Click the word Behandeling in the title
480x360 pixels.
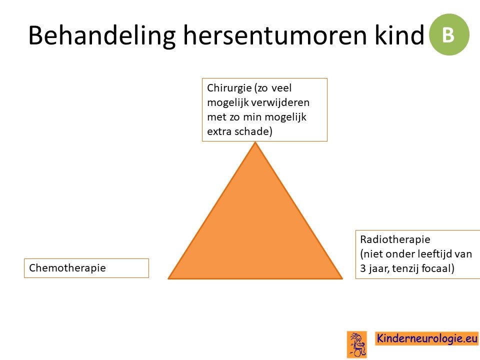click(102, 36)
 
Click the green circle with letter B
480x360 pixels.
click(449, 34)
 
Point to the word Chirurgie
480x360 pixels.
click(229, 88)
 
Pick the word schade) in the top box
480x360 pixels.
click(253, 131)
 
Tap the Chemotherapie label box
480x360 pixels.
click(86, 268)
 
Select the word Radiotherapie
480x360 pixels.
click(395, 239)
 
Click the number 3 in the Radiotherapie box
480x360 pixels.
click(363, 268)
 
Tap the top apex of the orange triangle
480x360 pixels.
click(255, 142)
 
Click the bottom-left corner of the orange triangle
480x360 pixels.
click(168, 278)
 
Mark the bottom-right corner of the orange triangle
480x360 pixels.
click(342, 278)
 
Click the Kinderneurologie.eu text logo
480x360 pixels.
click(426, 338)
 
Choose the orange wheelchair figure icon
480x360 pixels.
click(357, 344)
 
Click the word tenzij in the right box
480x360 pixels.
click(404, 268)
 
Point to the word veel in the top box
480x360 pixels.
click(281, 88)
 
